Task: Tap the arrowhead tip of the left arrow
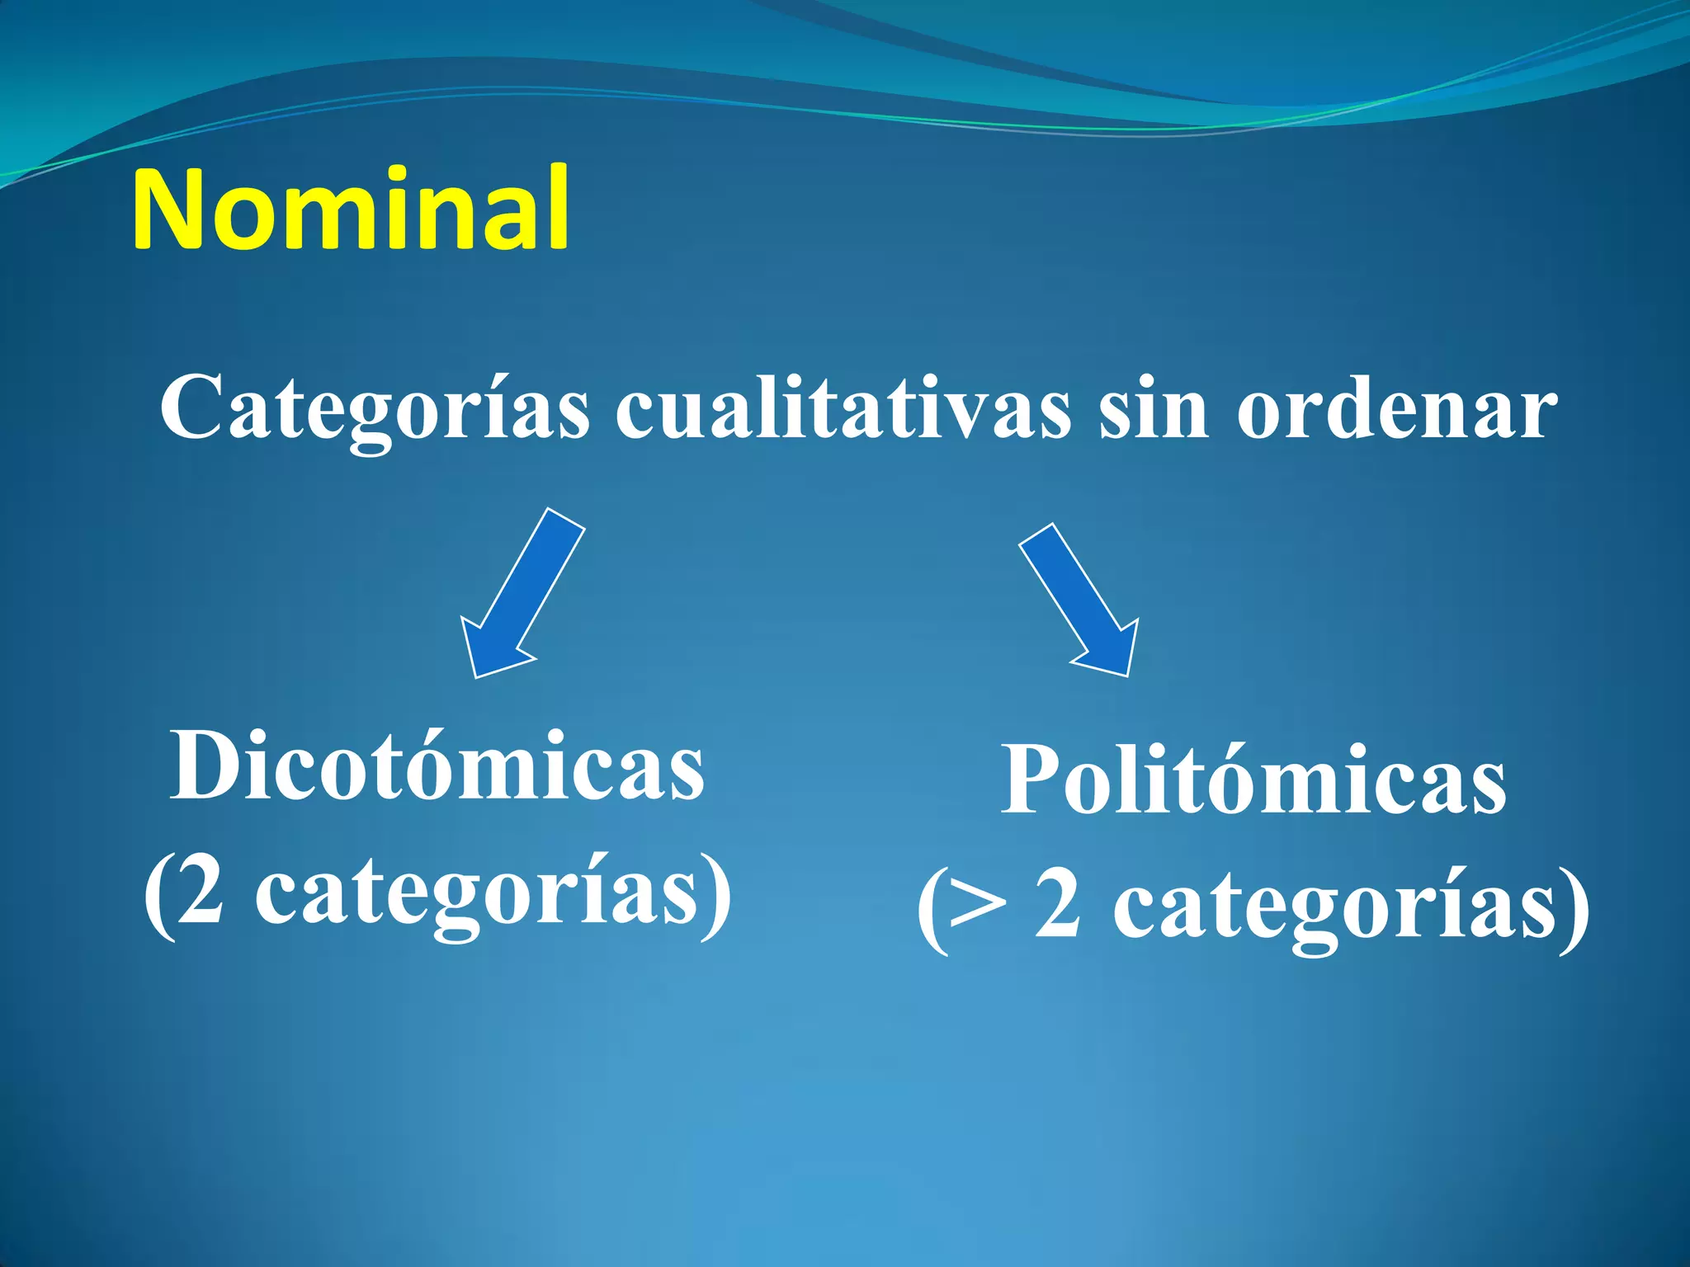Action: click(476, 676)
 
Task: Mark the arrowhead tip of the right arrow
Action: click(1127, 675)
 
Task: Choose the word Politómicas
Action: click(1253, 780)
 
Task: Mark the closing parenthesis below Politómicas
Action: click(1574, 911)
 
